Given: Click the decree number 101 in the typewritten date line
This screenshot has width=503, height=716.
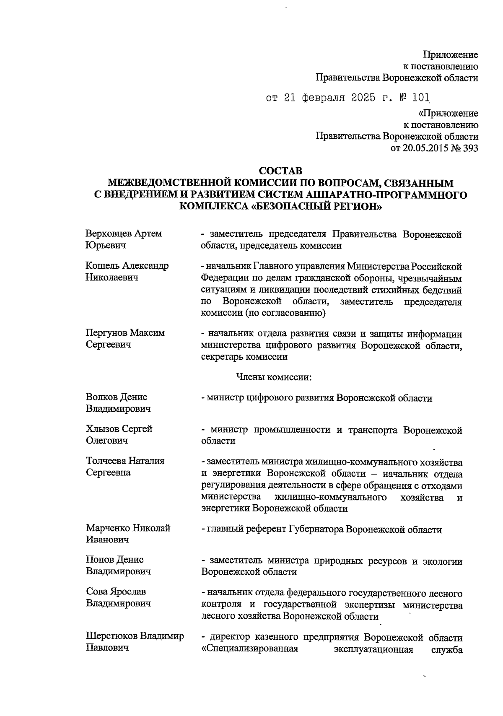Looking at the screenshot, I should pyautogui.click(x=421, y=98).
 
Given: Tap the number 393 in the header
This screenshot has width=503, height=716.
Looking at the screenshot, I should pyautogui.click(x=470, y=148).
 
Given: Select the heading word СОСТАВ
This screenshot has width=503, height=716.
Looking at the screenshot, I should pyautogui.click(x=280, y=171).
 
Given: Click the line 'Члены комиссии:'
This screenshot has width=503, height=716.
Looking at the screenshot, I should pyautogui.click(x=274, y=377).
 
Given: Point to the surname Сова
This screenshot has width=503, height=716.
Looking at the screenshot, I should pyautogui.click(x=97, y=592).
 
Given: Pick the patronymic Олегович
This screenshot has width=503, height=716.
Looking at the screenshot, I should pyautogui.click(x=107, y=441).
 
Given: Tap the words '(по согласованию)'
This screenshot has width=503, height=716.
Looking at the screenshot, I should pyautogui.click(x=289, y=313).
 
